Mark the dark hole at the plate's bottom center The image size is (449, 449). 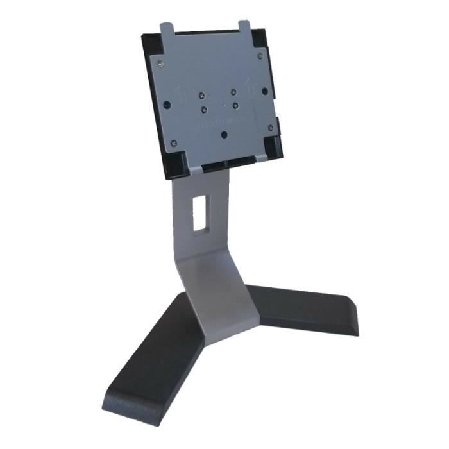pos(223,135)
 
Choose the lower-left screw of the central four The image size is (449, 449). pos(204,110)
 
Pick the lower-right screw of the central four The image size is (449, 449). pos(236,105)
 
